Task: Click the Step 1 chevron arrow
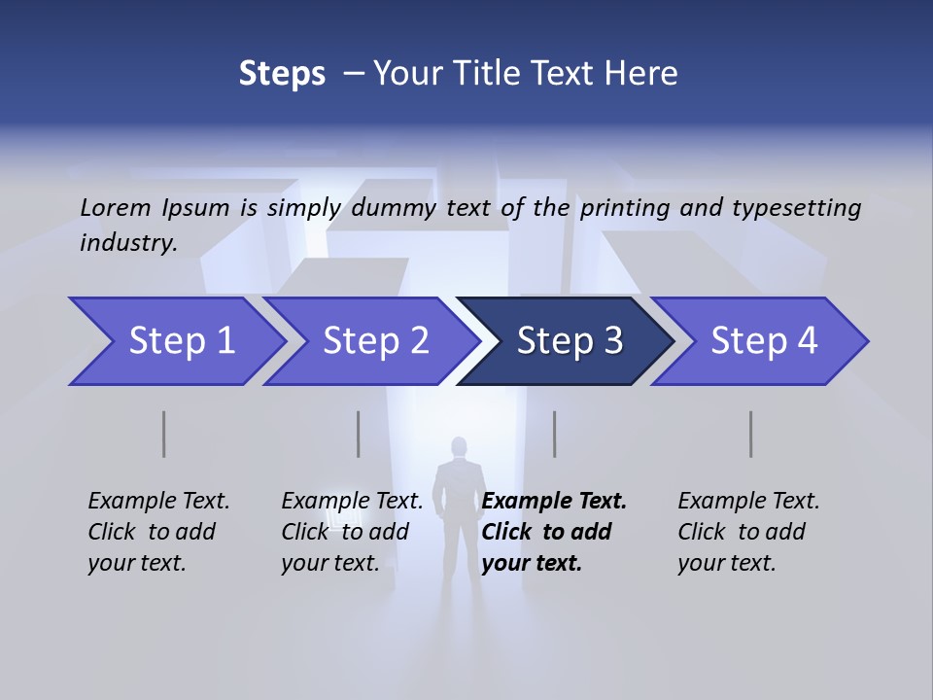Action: point(180,340)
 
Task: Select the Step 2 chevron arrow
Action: point(374,340)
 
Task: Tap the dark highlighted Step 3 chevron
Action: point(569,340)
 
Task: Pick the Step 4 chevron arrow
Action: point(763,340)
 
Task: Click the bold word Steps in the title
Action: point(282,73)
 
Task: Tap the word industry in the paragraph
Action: point(128,242)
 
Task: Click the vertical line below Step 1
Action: point(164,434)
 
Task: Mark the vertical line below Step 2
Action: point(359,434)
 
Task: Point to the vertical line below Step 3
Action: point(555,434)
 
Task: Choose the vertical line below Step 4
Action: point(751,434)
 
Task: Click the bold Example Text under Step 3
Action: point(554,501)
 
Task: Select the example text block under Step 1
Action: point(158,532)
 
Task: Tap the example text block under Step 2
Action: point(352,532)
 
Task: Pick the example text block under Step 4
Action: point(748,532)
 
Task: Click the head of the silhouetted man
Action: point(459,448)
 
